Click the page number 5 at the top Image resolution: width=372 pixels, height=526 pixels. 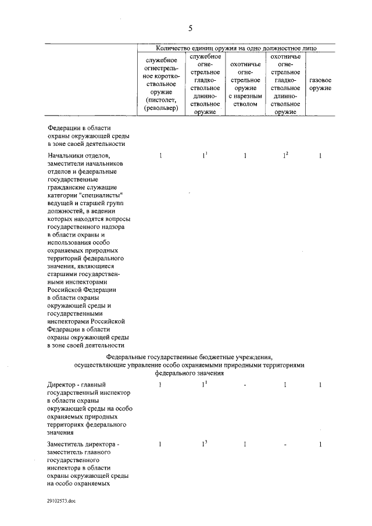pos(190,28)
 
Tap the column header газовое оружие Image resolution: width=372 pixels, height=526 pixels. pos(320,84)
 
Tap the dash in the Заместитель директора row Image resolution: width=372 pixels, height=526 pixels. pos(285,445)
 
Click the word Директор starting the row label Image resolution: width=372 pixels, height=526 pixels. pos(59,385)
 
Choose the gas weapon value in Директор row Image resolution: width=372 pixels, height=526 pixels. pos(320,385)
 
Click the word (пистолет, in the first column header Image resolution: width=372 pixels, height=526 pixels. pos(161,99)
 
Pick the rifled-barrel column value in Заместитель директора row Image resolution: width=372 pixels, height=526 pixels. pos(245,445)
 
